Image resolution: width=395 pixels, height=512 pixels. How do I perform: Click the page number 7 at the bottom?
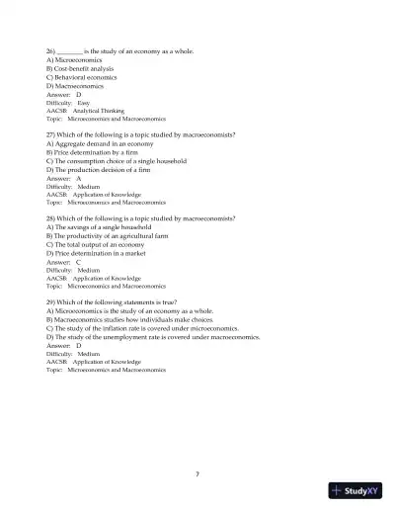coord(197,474)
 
